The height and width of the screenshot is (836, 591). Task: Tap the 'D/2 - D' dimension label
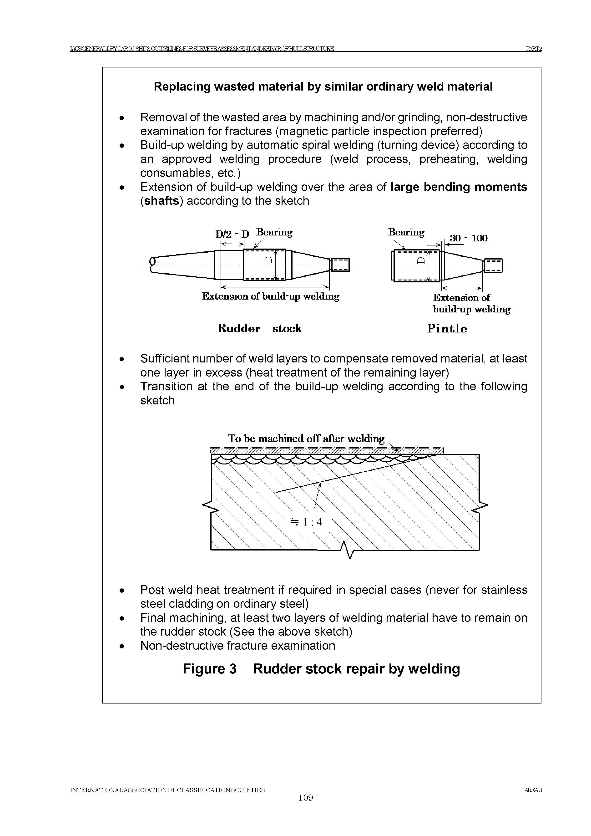pyautogui.click(x=232, y=234)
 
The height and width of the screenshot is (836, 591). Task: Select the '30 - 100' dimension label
pyautogui.click(x=469, y=239)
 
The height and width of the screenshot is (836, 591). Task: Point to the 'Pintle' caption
pyautogui.click(x=447, y=329)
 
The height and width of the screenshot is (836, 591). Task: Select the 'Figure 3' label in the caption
pyautogui.click(x=210, y=669)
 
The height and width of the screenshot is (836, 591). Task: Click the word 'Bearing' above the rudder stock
pyautogui.click(x=274, y=232)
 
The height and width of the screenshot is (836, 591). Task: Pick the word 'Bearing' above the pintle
pyautogui.click(x=406, y=232)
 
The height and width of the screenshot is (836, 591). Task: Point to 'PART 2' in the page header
pyautogui.click(x=534, y=49)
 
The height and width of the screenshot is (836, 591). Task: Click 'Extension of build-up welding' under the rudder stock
pyautogui.click(x=270, y=296)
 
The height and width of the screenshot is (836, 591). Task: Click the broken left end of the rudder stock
pyautogui.click(x=152, y=265)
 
